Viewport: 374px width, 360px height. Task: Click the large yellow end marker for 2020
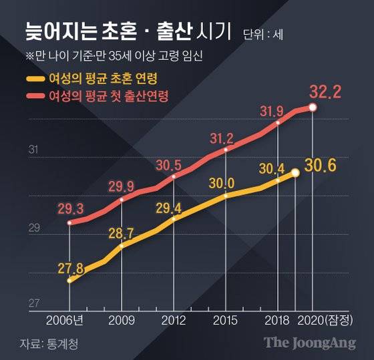pyautogui.click(x=295, y=173)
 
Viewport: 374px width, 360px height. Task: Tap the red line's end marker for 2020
pyautogui.click(x=313, y=108)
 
